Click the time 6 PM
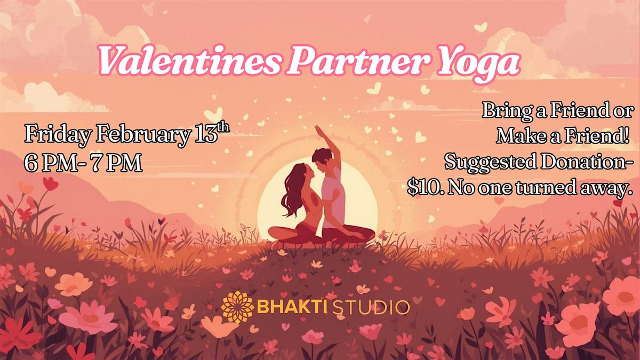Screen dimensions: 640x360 pos(51,163)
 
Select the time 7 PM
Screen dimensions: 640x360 pos(116,163)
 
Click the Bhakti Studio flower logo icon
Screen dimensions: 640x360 pos(237,307)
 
